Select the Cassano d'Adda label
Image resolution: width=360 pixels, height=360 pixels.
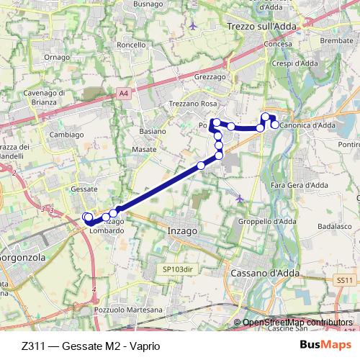264,274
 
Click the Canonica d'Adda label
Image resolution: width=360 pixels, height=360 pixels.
307,125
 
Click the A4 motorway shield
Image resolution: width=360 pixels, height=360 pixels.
125,92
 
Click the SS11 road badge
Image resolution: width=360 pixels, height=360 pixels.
346,280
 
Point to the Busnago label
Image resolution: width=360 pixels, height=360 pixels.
148,4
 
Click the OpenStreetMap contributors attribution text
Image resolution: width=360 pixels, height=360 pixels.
298,323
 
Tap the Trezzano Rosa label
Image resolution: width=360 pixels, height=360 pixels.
194,104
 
